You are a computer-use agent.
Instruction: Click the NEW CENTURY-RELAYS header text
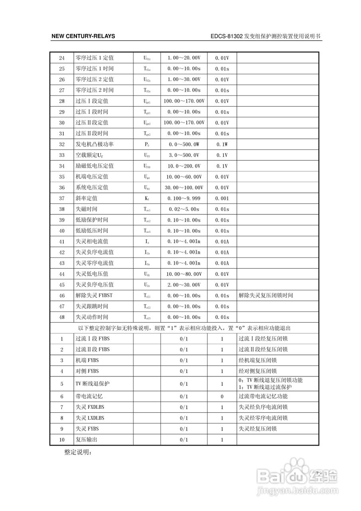pyautogui.click(x=83, y=36)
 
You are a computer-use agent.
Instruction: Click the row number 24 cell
pyautogui.click(x=61, y=58)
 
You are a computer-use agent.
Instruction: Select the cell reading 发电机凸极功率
pyautogui.click(x=95, y=145)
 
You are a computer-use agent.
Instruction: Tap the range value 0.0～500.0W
pyautogui.click(x=183, y=145)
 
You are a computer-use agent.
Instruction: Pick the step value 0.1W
pyautogui.click(x=222, y=145)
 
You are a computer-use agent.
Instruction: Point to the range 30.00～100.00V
pyautogui.click(x=183, y=188)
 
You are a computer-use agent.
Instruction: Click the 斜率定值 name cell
pyautogui.click(x=87, y=198)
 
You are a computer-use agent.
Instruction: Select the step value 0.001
pyautogui.click(x=222, y=198)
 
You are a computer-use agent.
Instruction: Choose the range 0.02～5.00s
pyautogui.click(x=183, y=209)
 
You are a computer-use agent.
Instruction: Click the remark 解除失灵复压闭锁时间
pyautogui.click(x=266, y=296)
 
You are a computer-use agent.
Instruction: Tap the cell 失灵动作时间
pyautogui.click(x=92, y=317)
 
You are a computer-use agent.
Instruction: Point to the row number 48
pyautogui.click(x=61, y=317)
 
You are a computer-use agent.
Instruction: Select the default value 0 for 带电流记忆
pyautogui.click(x=222, y=397)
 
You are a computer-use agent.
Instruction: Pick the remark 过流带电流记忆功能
pyautogui.click(x=263, y=397)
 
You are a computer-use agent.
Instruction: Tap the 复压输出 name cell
pyautogui.click(x=87, y=440)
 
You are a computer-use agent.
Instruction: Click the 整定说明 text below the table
pyautogui.click(x=78, y=453)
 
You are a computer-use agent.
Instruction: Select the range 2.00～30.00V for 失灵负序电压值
pyautogui.click(x=183, y=285)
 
